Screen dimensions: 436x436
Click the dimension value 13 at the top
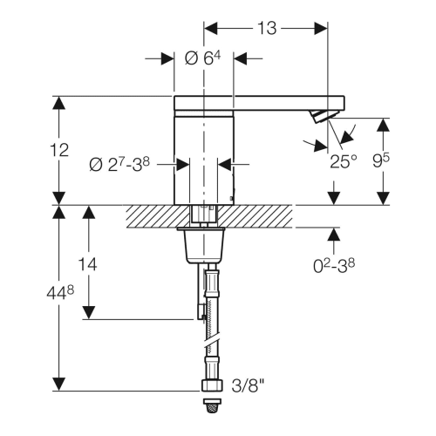tap(267, 29)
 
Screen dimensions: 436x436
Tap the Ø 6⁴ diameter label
tap(202, 58)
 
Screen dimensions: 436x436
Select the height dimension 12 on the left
tap(59, 150)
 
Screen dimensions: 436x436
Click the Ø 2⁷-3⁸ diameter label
tap(119, 165)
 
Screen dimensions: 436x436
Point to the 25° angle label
tap(344, 162)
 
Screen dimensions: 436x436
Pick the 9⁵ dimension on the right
tap(381, 160)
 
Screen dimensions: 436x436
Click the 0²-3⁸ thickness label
tap(334, 266)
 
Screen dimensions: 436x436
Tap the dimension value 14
tap(87, 264)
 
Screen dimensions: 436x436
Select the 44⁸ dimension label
tap(60, 292)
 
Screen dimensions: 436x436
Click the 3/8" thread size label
tap(249, 386)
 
